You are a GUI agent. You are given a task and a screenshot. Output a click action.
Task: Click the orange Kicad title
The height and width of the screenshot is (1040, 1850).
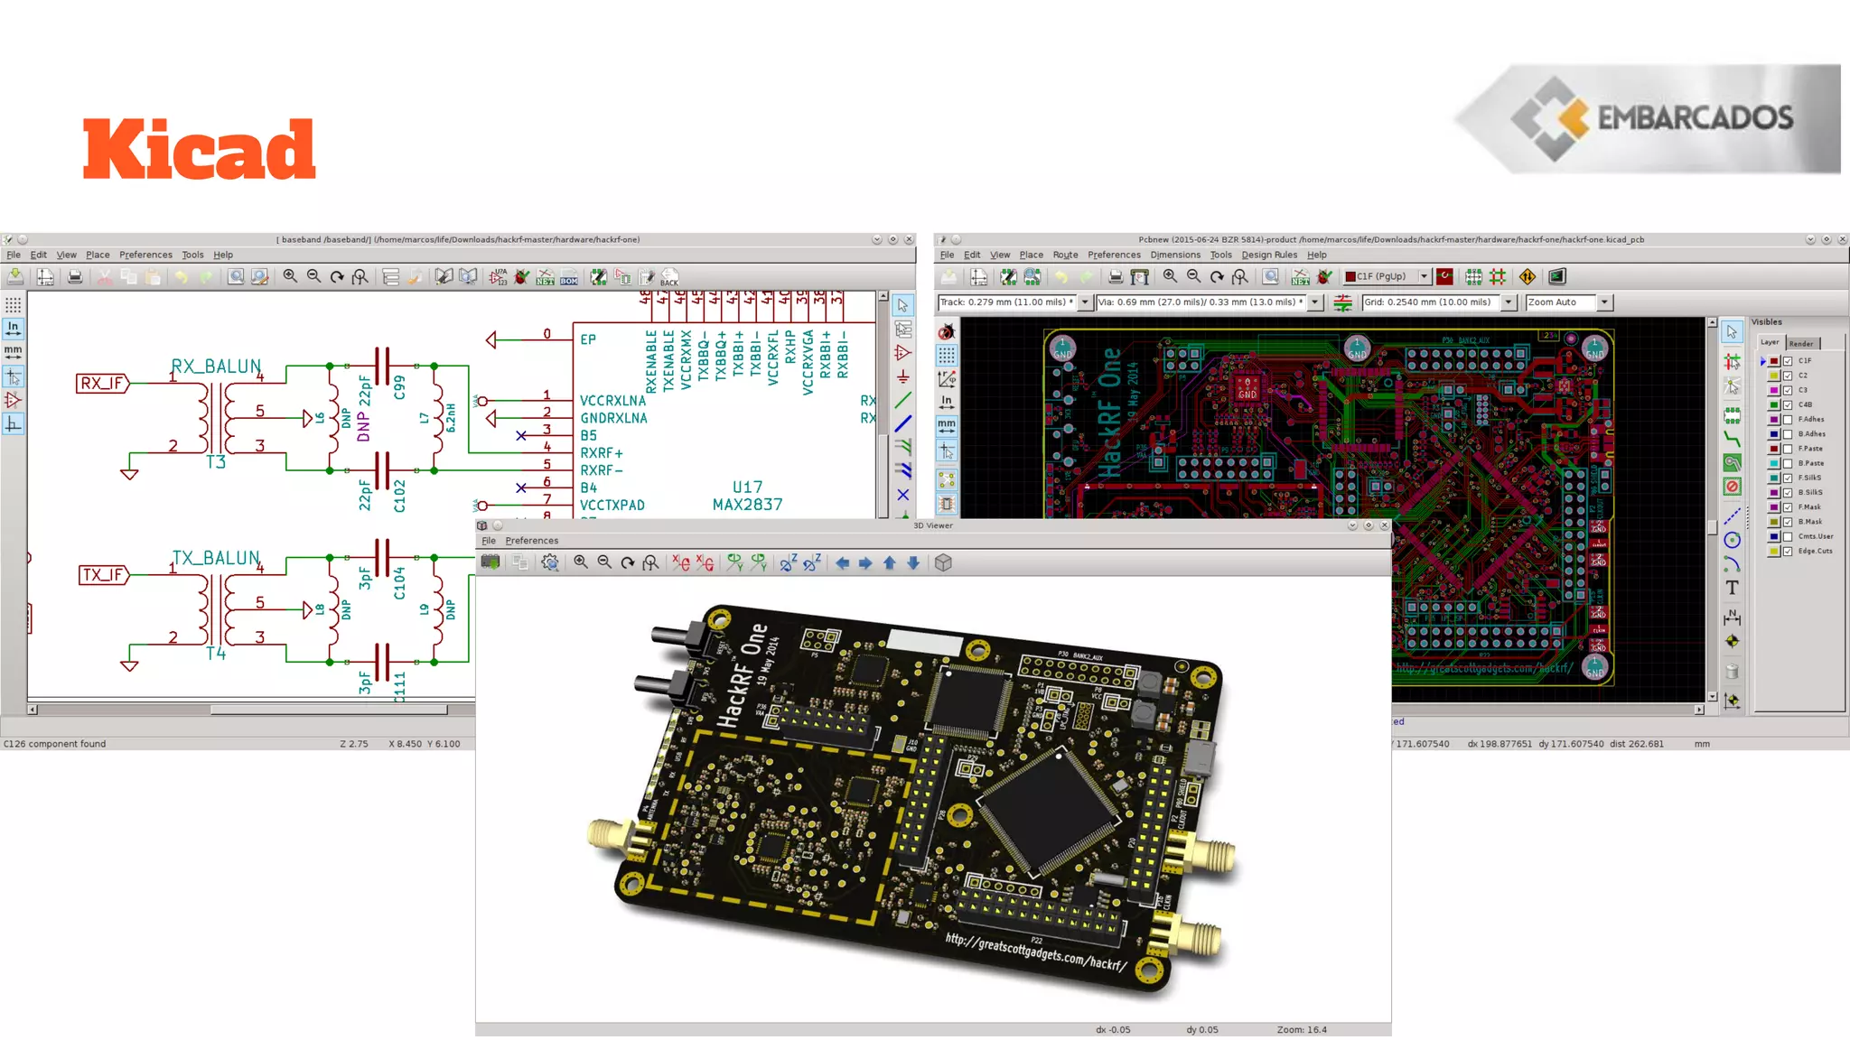pyautogui.click(x=200, y=149)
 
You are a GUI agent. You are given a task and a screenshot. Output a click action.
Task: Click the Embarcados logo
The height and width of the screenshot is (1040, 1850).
pyautogui.click(x=1649, y=118)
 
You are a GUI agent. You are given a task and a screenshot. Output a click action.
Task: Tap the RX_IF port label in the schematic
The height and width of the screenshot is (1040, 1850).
pyautogui.click(x=102, y=384)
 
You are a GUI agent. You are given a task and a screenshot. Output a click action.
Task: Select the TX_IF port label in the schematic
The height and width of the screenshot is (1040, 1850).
pyautogui.click(x=103, y=575)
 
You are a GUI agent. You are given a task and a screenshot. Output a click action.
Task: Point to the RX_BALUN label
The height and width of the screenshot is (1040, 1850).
pyautogui.click(x=216, y=367)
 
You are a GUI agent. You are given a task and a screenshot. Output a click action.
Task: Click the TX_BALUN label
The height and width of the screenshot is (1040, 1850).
pyautogui.click(x=216, y=558)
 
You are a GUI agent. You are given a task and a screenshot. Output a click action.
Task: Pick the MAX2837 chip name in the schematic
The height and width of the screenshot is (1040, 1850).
pyautogui.click(x=747, y=505)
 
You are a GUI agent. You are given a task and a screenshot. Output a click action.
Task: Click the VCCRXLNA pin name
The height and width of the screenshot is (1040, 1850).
pyautogui.click(x=612, y=401)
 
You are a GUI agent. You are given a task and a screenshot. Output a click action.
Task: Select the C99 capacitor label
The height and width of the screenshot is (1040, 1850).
pyautogui.click(x=399, y=387)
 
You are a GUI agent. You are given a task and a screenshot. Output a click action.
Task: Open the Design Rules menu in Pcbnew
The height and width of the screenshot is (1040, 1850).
pyautogui.click(x=1268, y=255)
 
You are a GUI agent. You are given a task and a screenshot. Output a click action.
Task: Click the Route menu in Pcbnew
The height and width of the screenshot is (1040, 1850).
pyautogui.click(x=1065, y=255)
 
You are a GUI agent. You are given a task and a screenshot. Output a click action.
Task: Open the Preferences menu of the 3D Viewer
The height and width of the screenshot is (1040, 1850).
pyautogui.click(x=531, y=541)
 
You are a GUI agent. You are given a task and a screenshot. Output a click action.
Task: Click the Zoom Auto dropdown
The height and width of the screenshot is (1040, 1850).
pyautogui.click(x=1568, y=302)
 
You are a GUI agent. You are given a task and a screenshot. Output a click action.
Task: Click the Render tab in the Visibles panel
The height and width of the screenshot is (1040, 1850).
pyautogui.click(x=1800, y=344)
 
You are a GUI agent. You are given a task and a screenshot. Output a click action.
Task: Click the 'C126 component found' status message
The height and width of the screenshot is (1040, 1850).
pyautogui.click(x=54, y=744)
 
